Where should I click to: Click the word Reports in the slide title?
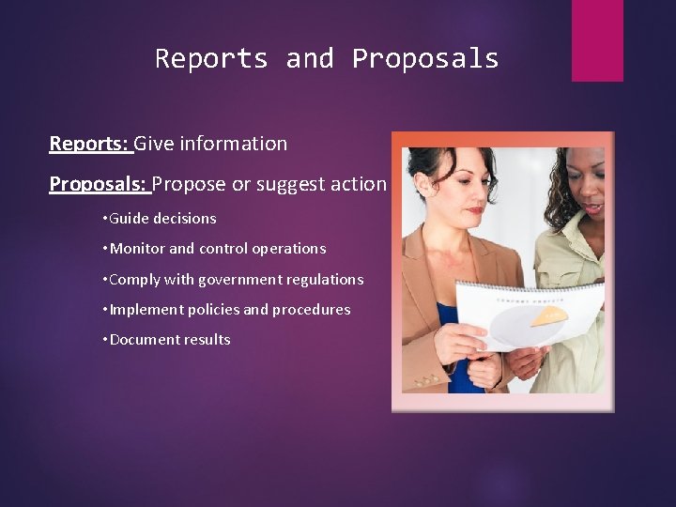tap(211, 59)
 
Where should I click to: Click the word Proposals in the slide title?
tap(425, 59)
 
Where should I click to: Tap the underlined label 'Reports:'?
tap(90, 144)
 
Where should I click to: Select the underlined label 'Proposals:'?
tap(100, 184)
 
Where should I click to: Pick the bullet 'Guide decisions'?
tap(163, 219)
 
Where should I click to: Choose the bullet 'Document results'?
tap(170, 339)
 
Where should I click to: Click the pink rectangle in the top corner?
tap(597, 39)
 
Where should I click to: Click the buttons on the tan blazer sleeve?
tap(427, 381)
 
